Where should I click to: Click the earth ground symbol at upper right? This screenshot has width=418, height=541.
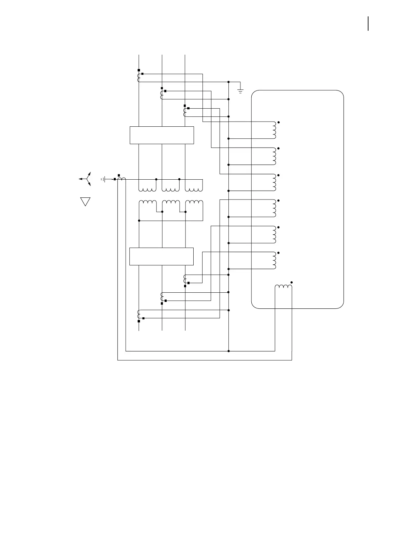point(240,91)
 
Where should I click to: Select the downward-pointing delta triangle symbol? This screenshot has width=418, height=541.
point(85,201)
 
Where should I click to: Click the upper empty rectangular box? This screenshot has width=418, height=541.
point(162,135)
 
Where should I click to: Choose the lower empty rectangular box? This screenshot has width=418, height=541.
point(162,256)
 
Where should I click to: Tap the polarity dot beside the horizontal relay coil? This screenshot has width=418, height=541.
point(291,282)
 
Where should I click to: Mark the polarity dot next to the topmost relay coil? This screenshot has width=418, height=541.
point(279,122)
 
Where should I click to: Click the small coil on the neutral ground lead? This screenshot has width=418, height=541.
point(122,179)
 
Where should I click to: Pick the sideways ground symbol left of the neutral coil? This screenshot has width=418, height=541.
point(103,179)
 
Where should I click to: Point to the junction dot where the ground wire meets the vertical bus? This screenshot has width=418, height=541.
point(228,82)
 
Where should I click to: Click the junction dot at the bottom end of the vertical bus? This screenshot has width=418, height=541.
point(228,351)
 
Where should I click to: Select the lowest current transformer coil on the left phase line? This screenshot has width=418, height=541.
point(139,314)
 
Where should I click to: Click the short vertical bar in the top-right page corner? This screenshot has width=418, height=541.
point(368,24)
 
